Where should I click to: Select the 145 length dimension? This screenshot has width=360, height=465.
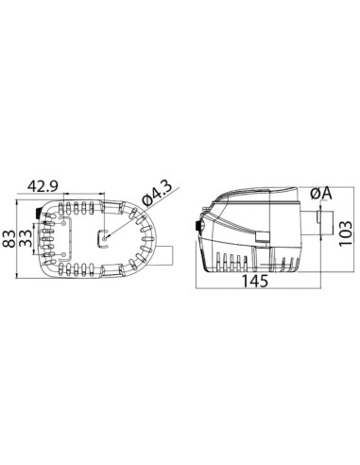[254, 281]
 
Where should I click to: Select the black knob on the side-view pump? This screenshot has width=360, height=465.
[197, 227]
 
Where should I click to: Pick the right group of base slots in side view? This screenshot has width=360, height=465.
[283, 260]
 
